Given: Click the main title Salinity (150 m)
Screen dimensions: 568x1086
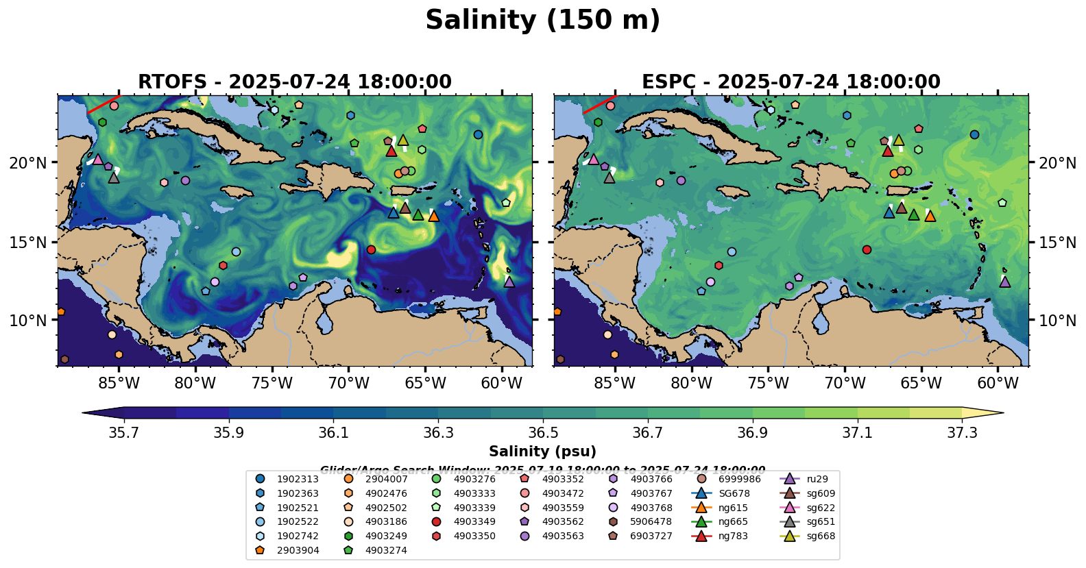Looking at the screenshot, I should pos(542,20).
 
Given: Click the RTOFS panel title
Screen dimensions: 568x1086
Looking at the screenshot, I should pos(295,82).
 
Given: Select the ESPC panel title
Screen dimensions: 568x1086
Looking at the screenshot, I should pos(791,82).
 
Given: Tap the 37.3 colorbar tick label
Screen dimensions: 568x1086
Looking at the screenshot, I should pos(962,432).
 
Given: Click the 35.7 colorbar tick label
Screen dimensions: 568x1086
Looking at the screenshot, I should pos(124,432).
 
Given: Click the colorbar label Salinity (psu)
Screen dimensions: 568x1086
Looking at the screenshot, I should pos(542,452).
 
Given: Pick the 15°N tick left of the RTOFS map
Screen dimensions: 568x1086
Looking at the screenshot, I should pos(28,243).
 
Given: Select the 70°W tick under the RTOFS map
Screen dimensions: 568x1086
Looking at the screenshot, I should pos(348,382).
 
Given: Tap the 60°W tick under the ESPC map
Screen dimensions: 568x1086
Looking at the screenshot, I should pos(998,382).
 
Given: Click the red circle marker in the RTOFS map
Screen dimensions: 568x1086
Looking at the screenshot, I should pos(371,249).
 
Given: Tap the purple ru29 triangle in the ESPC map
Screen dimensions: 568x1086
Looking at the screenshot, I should pos(1005,282).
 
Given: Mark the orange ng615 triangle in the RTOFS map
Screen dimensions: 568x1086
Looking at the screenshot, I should pos(433,216).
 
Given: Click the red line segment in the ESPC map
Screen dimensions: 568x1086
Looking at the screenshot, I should pos(599,104).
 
